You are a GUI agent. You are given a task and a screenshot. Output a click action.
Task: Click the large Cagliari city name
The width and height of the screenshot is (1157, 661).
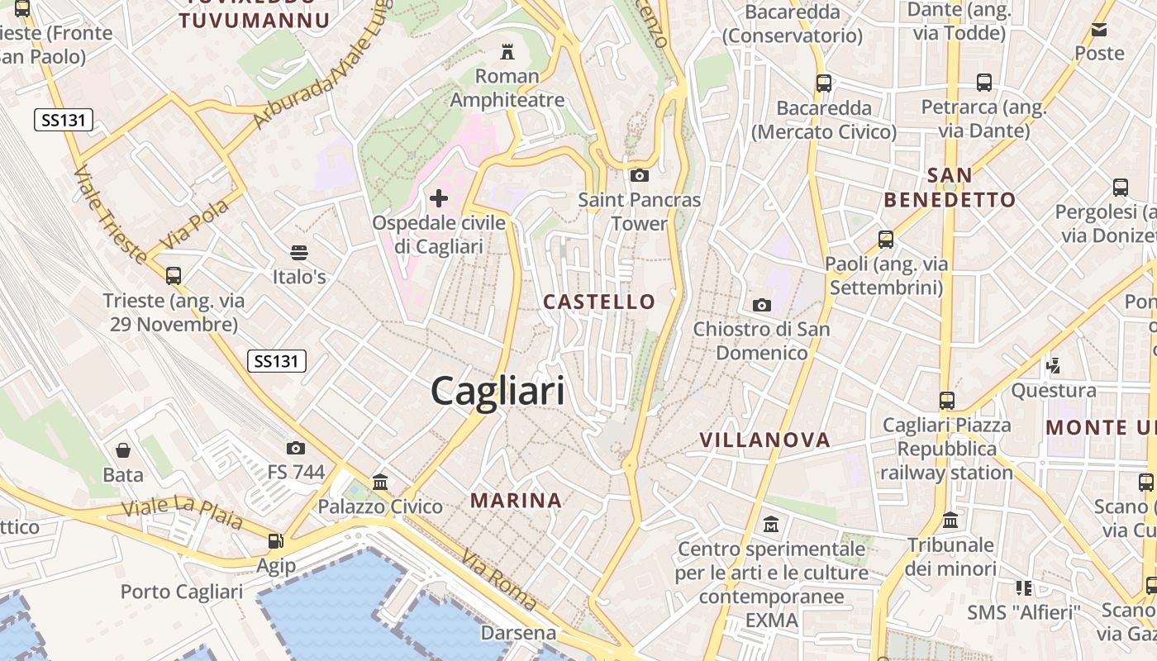coord(498,391)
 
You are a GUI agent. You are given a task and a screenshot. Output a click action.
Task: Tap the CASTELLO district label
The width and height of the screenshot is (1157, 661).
coord(599,302)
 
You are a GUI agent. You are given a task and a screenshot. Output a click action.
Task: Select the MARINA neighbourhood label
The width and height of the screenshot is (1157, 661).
coord(517,500)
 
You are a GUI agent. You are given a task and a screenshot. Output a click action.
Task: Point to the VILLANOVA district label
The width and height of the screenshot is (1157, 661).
coord(765,440)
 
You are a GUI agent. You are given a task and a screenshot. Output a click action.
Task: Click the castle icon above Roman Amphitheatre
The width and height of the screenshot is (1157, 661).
coord(507,52)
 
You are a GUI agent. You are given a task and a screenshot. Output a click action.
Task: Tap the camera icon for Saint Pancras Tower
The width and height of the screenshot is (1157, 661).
coord(639,175)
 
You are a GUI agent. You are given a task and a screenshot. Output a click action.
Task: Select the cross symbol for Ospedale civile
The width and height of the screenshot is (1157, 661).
coord(439,198)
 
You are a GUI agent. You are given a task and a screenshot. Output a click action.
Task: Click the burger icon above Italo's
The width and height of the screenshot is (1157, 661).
coord(299,252)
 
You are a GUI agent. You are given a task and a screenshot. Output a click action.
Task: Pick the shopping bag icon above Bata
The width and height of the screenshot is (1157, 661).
coord(123,450)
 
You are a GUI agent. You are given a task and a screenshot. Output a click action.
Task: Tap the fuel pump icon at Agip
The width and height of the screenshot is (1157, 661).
coord(275,541)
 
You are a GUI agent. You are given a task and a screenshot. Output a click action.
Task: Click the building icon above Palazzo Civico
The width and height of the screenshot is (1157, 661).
coord(380,481)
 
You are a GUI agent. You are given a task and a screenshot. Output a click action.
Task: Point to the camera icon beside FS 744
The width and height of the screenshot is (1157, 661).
coord(296,449)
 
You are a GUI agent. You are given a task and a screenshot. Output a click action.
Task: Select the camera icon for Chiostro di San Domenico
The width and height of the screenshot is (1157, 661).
coord(762,305)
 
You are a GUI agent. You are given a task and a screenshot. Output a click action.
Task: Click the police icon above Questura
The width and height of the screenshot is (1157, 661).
coord(1054,365)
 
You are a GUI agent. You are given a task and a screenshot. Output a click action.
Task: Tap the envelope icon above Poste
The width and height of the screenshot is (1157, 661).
coord(1099,30)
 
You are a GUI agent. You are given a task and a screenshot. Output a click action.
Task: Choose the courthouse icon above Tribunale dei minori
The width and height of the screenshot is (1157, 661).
coord(950,521)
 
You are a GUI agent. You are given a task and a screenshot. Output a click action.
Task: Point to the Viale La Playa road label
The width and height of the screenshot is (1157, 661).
coord(183,512)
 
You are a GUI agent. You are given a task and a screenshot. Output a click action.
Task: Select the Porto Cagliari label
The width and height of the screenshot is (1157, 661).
coord(182,592)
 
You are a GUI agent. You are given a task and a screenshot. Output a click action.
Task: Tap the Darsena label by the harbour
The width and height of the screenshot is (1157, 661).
coord(519,634)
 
